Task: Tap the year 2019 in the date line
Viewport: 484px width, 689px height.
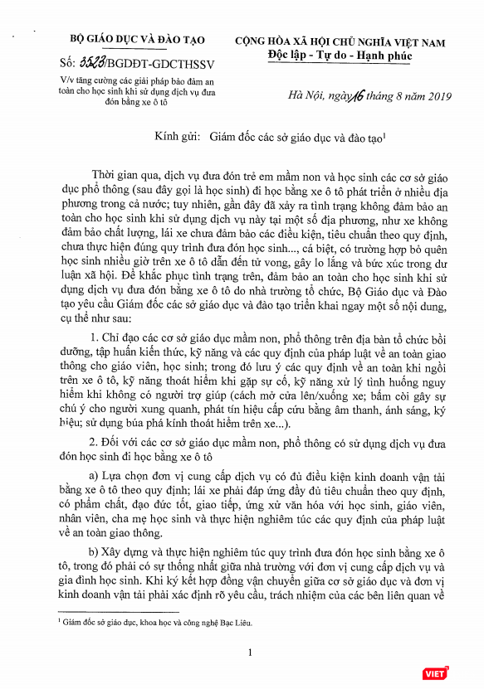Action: (427, 98)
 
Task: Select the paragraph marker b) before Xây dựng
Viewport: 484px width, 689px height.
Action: (93, 551)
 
